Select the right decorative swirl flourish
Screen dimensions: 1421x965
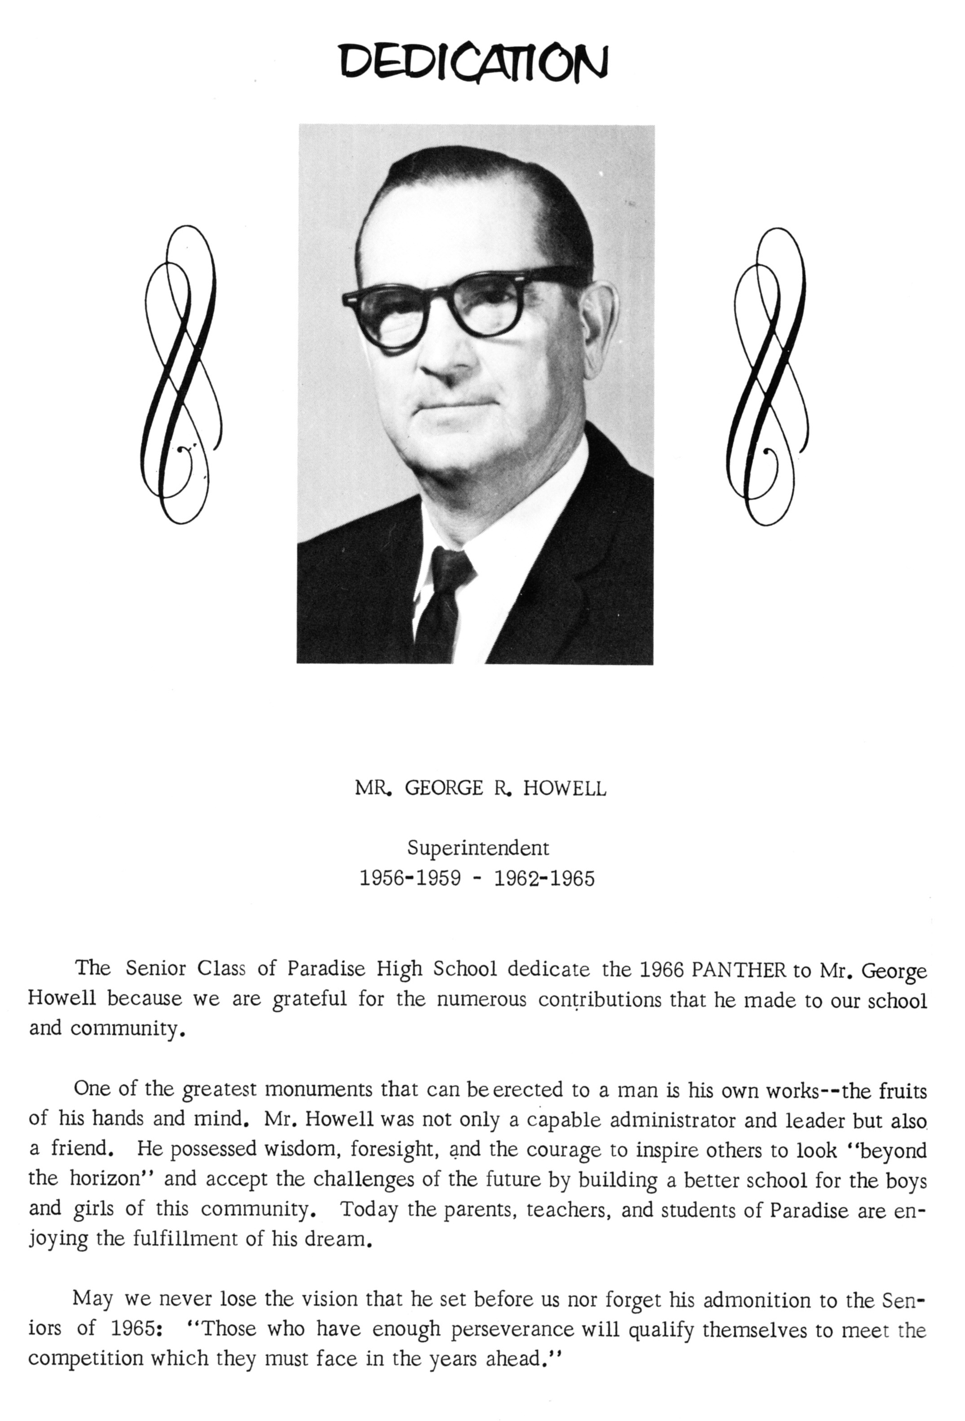pyautogui.click(x=768, y=376)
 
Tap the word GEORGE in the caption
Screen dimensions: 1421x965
pyautogui.click(x=444, y=789)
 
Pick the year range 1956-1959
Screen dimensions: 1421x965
pyautogui.click(x=410, y=879)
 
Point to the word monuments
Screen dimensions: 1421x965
pyautogui.click(x=319, y=1090)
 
